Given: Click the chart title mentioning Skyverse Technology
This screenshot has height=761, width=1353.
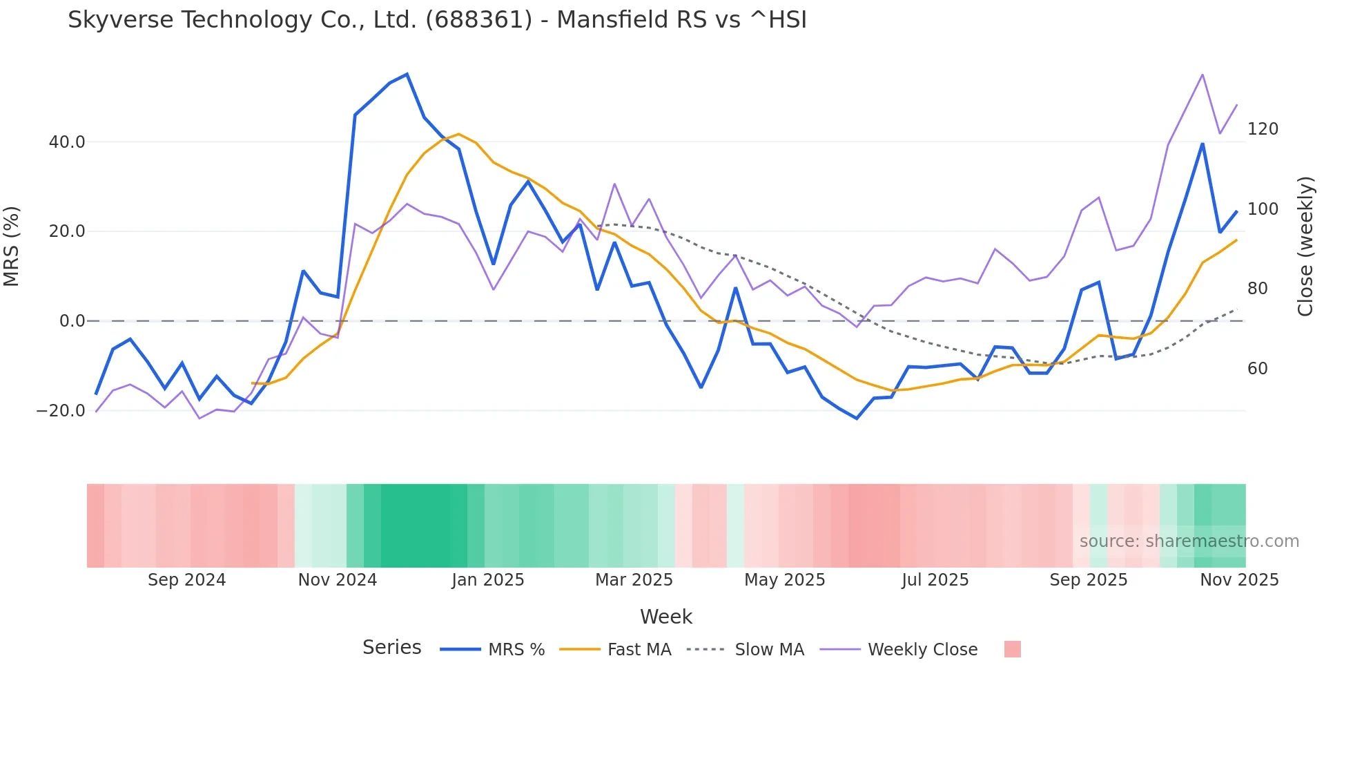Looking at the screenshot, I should point(437,20).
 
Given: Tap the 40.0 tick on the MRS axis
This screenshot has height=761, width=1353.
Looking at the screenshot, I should point(67,142).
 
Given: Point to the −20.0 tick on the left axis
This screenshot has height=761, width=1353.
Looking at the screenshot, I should point(61,411).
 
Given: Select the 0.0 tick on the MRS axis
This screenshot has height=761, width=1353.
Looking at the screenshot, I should point(72,321).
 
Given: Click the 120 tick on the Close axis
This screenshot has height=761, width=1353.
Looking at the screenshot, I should point(1263,129).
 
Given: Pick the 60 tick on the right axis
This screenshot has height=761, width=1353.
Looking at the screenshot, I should point(1257,369).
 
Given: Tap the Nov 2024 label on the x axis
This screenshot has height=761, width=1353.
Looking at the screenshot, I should point(337,580).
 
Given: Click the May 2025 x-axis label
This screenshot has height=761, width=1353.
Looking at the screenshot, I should point(784,580).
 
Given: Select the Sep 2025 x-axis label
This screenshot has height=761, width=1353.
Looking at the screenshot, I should point(1088,580).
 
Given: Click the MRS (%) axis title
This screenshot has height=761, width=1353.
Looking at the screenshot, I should point(12,247).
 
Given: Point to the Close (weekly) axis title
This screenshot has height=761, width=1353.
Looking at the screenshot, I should point(1305,247).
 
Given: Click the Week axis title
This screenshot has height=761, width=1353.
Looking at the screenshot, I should point(665,617).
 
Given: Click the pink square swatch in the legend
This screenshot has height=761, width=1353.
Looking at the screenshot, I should point(1012,649).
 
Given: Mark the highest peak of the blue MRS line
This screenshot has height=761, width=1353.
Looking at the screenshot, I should point(407,74).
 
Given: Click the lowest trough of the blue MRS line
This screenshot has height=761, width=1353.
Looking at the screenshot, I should point(857,418).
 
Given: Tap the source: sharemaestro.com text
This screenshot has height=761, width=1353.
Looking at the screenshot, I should point(1189,541).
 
